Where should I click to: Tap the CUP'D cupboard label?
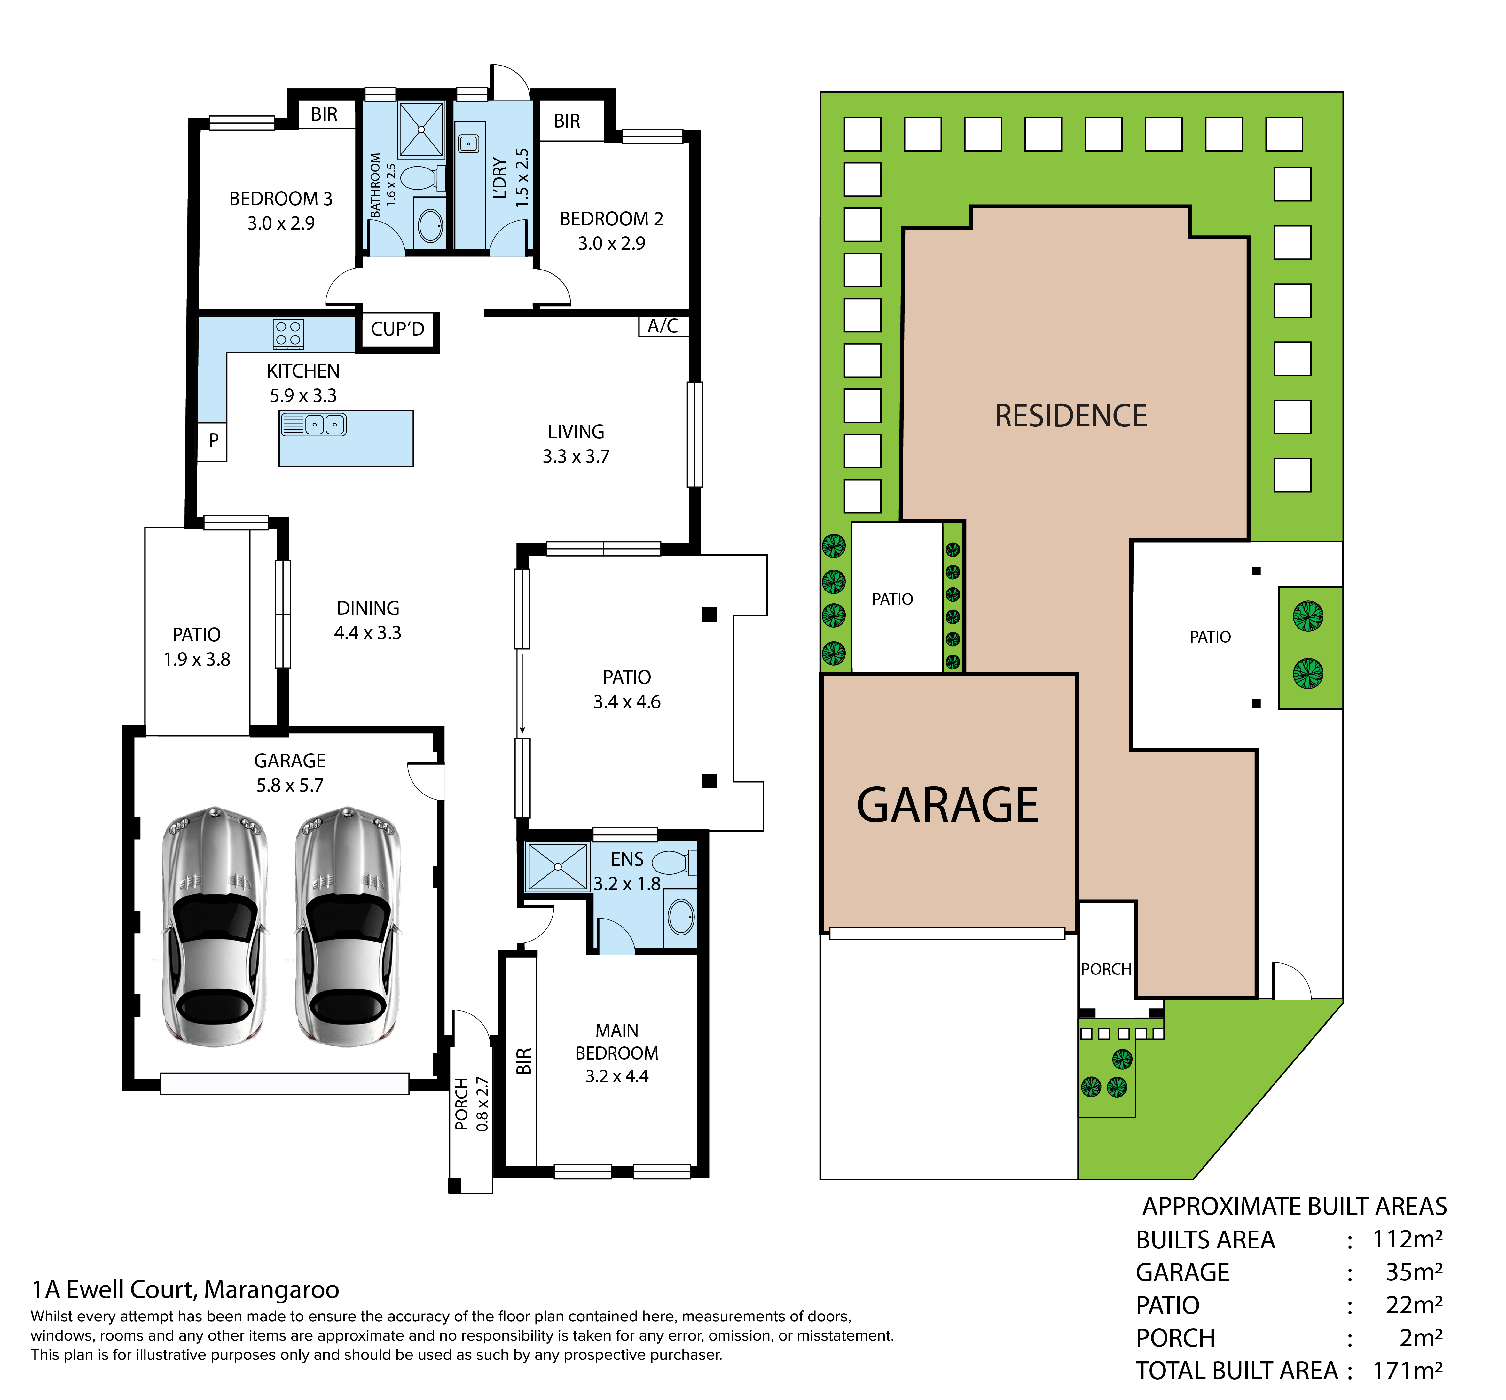pos(398,330)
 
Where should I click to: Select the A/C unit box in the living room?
pos(663,326)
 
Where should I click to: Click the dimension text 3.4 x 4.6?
pos(627,702)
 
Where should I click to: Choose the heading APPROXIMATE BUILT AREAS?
pos(1295,1206)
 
